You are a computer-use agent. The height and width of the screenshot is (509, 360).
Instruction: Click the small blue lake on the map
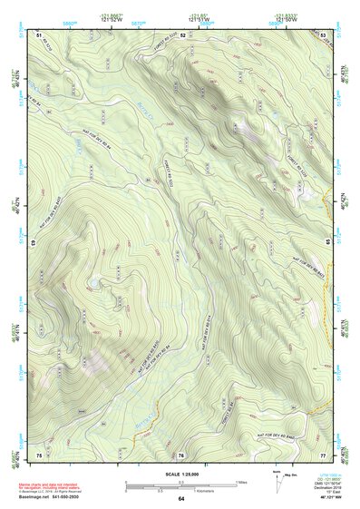pos(92,284)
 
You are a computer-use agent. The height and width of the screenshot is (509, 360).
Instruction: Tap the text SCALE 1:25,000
pos(180,473)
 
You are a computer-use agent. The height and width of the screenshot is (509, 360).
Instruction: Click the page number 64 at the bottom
pos(180,498)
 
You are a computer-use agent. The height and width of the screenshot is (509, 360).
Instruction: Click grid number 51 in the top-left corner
pos(39,34)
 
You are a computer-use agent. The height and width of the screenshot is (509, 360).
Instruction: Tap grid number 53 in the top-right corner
pos(323,34)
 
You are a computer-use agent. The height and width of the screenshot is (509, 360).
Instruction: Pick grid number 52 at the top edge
pos(182,34)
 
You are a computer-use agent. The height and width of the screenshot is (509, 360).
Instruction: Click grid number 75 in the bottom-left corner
pos(39,453)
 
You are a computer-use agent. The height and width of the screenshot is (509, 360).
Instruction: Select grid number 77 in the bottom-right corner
pos(323,453)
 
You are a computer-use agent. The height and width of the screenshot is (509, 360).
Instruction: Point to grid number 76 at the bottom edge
pos(182,453)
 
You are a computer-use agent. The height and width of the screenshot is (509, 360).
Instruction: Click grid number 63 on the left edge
pos(33,243)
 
